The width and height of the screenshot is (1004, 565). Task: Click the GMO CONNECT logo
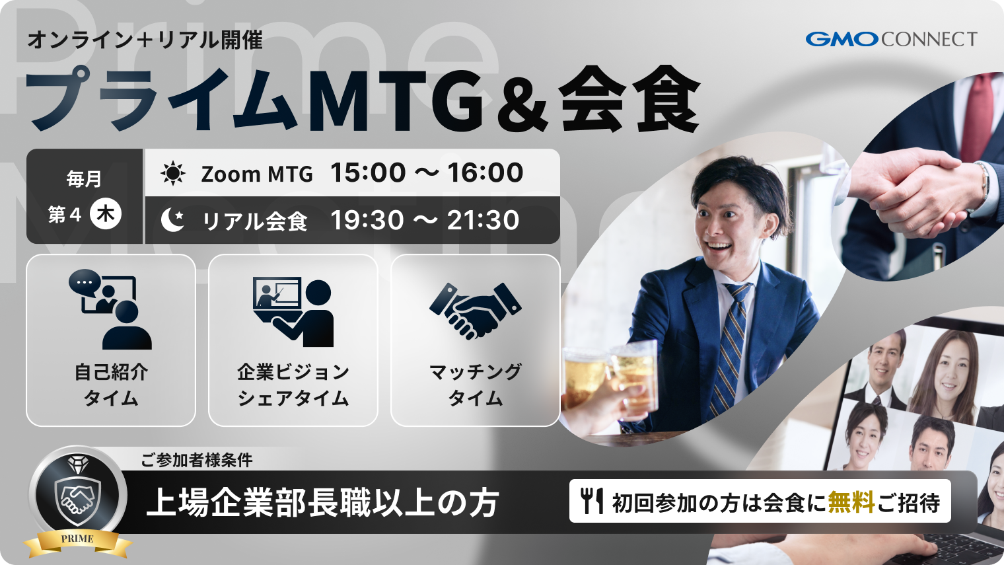890,40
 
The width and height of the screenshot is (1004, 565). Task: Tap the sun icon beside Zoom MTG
173,174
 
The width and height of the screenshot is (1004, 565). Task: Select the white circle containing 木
106,214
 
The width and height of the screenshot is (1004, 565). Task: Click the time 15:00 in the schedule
368,173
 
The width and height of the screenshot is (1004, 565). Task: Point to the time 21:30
483,221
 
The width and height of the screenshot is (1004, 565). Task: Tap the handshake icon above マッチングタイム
475,311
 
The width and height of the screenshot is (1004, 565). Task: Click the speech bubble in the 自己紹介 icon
85,282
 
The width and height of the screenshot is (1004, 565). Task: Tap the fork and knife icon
592,501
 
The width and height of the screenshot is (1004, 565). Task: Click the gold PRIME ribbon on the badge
78,541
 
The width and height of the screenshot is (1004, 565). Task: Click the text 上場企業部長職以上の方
322,503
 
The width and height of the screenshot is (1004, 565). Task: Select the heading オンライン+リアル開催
145,40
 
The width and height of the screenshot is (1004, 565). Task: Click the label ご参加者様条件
196,460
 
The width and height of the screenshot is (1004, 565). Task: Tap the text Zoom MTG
257,174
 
